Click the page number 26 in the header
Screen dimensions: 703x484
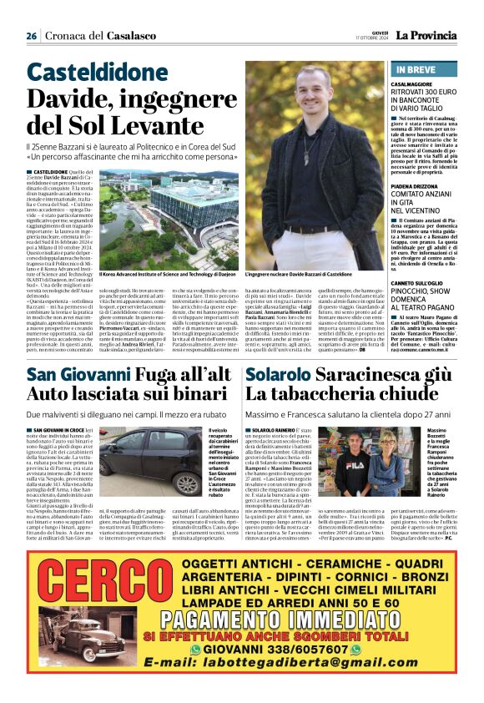point(31,36)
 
